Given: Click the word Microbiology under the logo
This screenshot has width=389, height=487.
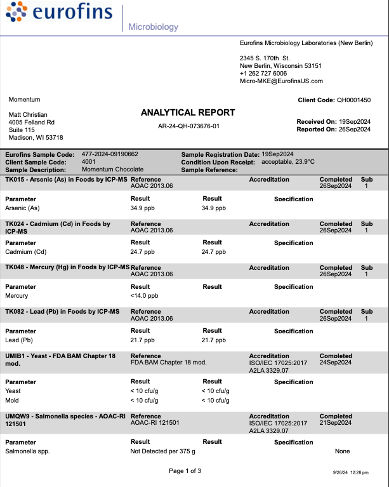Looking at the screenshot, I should point(152,27).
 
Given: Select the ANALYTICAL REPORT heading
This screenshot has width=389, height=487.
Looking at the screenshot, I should point(188,112).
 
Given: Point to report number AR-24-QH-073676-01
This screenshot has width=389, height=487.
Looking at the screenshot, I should point(188,126).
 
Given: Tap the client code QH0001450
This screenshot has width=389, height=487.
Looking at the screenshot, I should point(353,100).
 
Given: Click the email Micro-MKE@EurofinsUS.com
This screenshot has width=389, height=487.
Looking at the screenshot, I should point(281,81).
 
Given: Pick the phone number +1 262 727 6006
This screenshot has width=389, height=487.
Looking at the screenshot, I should point(263,73).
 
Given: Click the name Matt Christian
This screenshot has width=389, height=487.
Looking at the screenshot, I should point(27,114).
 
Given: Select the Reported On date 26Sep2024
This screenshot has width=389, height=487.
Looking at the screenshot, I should point(354,130).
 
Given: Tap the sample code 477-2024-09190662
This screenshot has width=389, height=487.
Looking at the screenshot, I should point(110,154).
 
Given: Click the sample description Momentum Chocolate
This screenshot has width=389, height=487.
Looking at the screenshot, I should point(112,170).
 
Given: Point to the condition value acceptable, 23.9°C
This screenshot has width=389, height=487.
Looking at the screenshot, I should point(289,162).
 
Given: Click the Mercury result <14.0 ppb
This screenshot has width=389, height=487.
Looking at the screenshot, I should point(144,295).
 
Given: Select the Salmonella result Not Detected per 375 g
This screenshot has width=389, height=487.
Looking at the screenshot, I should point(162,451).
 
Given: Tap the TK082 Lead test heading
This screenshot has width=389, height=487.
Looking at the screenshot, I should point(62,311).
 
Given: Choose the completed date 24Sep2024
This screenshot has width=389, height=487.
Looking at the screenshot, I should point(336,362).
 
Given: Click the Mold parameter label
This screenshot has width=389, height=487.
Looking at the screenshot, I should point(13,400).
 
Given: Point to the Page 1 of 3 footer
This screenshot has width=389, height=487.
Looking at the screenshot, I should point(185,470).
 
